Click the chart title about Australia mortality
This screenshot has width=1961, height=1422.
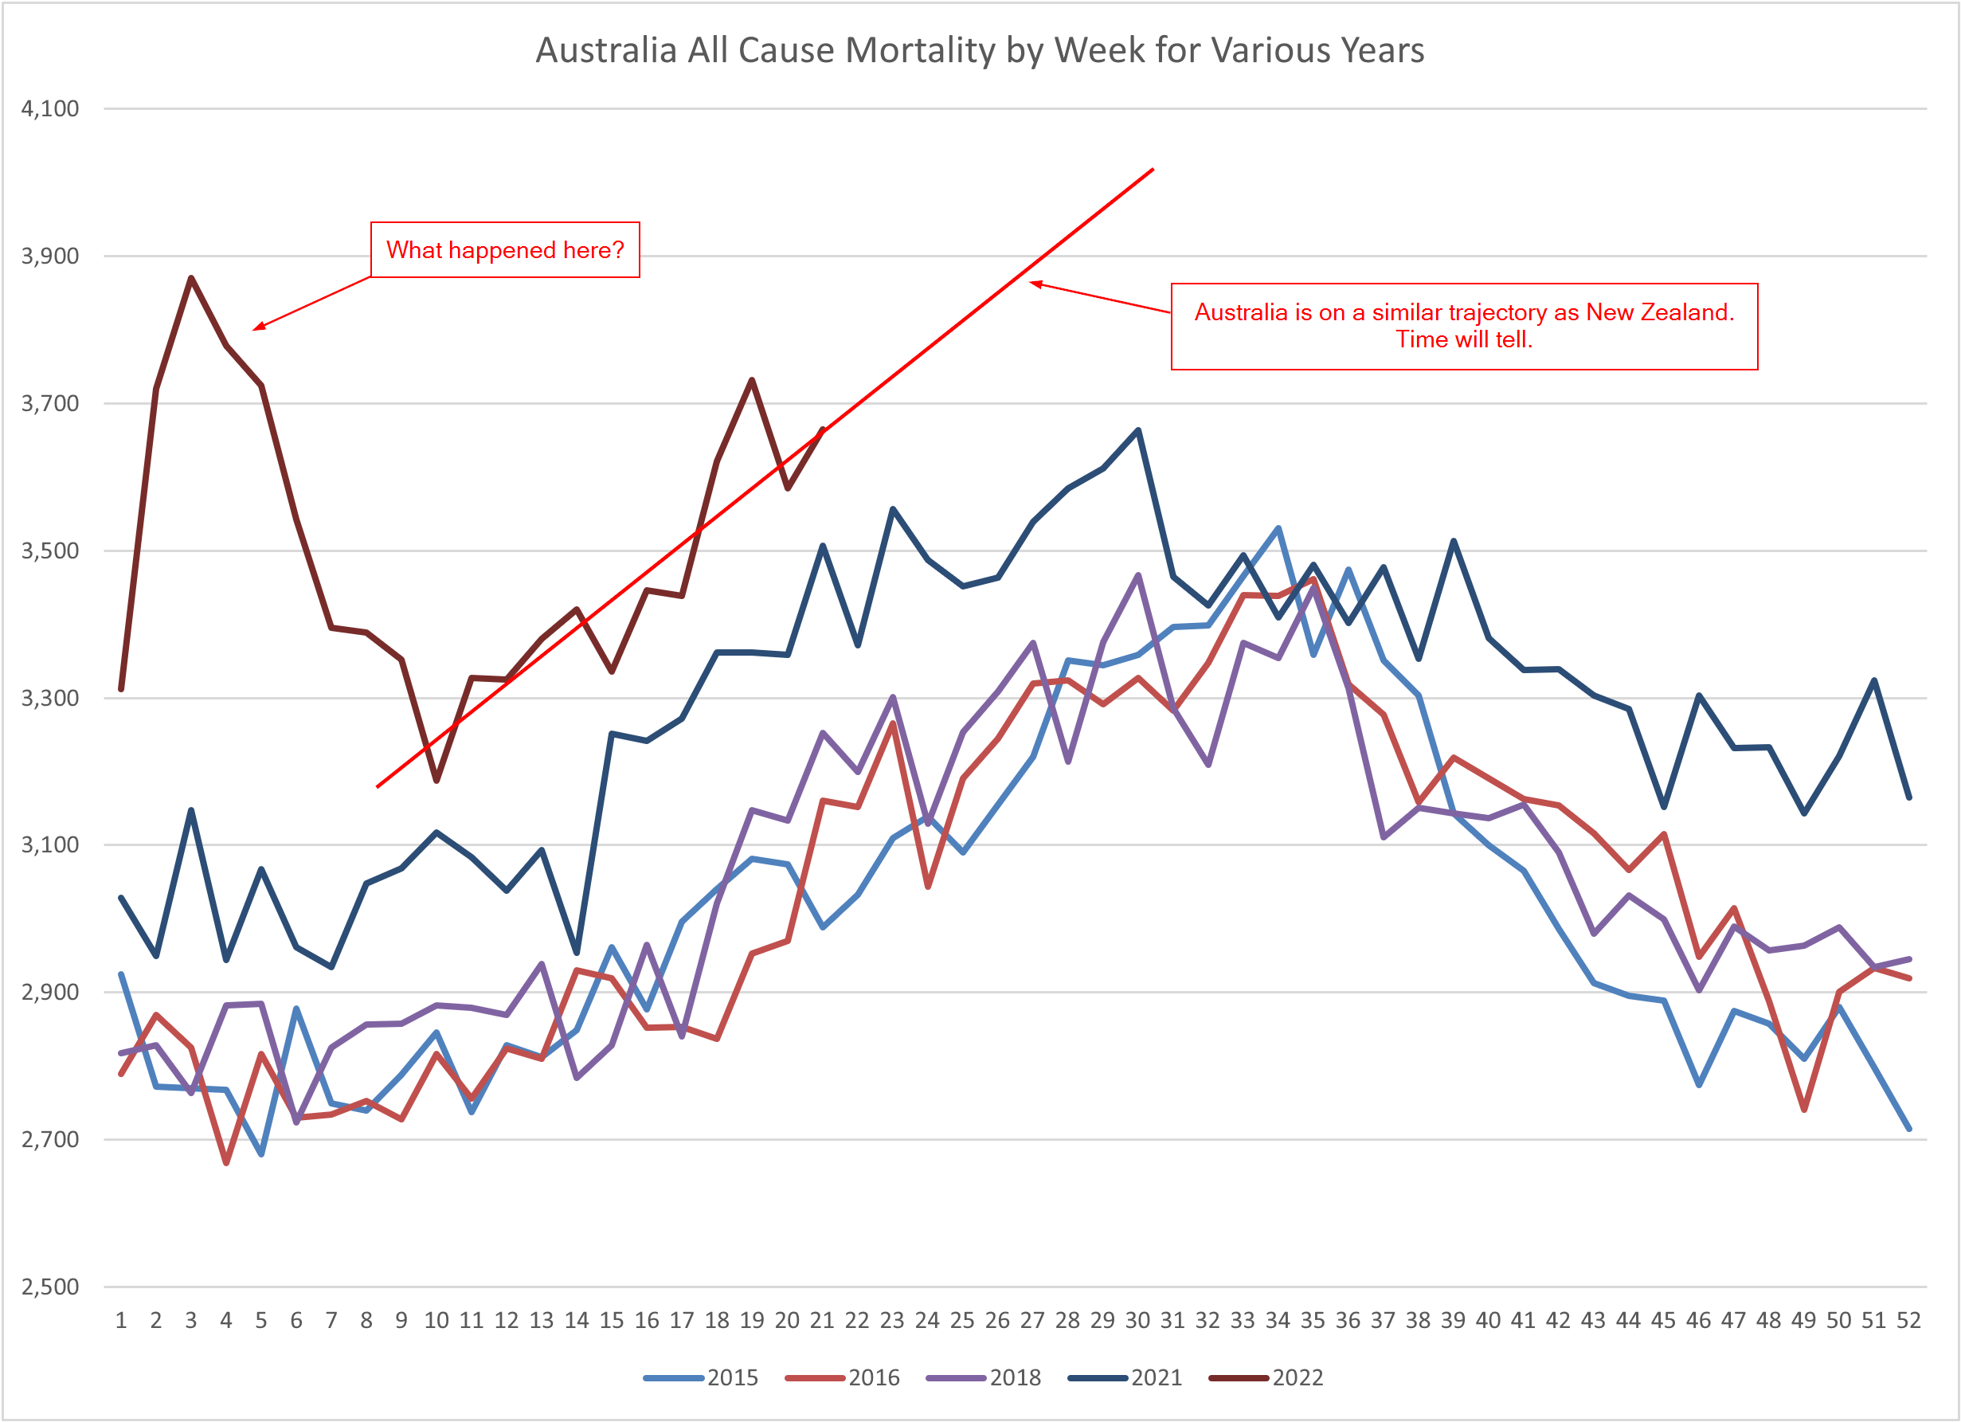coord(980,50)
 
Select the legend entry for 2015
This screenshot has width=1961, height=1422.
coord(702,1378)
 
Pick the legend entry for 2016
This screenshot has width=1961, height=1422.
coord(843,1378)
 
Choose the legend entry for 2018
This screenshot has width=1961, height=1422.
coord(984,1378)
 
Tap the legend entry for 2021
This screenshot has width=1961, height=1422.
coord(1125,1378)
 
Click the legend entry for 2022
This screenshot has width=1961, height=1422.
coord(1266,1378)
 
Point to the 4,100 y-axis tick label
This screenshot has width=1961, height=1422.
coord(50,109)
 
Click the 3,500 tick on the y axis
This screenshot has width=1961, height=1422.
coord(50,551)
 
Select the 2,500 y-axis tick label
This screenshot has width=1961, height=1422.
coord(50,1287)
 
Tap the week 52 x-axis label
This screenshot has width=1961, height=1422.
coord(1908,1321)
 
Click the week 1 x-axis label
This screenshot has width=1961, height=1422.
coord(121,1321)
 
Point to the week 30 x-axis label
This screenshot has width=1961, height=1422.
coord(1137,1321)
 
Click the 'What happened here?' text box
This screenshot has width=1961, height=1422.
coord(505,250)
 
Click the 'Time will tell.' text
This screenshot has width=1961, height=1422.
coord(1464,340)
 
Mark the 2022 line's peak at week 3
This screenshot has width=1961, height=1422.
coord(191,278)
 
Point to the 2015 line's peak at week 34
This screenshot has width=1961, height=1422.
coord(1278,527)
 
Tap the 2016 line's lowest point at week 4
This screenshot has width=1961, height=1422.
coord(226,1163)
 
